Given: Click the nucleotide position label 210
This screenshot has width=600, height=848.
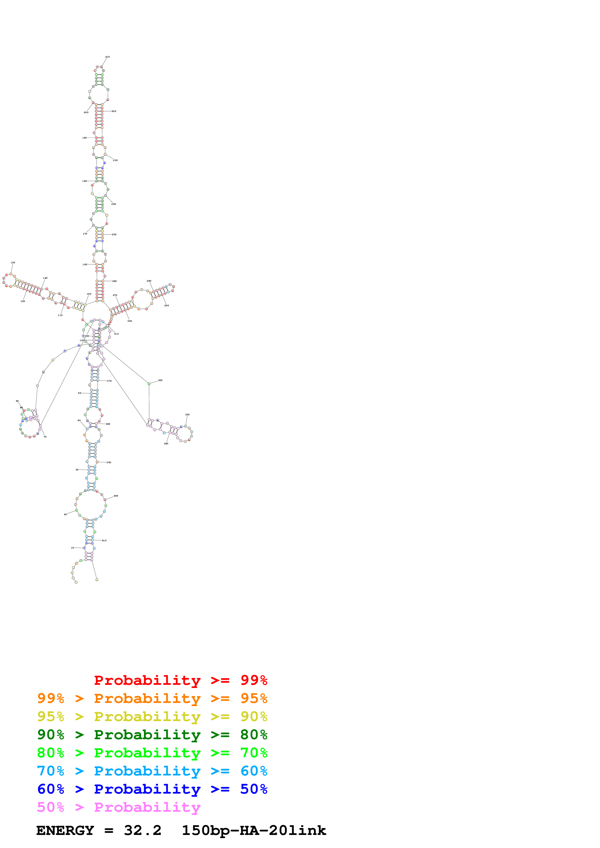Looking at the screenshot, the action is click(x=107, y=57).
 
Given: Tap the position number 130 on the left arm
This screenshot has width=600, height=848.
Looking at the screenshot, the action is click(x=13, y=263).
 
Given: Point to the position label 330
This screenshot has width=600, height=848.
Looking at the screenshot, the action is click(x=187, y=415).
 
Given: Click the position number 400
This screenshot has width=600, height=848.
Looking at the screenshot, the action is click(x=116, y=496).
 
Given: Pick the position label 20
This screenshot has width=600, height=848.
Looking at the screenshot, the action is click(x=65, y=514).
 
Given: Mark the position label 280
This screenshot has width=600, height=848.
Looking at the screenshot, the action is click(x=149, y=281).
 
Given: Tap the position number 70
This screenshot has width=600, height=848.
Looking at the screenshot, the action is click(x=45, y=437).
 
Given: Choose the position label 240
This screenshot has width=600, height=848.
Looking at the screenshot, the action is click(x=114, y=204).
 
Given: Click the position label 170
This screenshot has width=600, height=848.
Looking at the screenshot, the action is click(x=85, y=234).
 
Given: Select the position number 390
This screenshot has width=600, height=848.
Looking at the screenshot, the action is click(x=109, y=462).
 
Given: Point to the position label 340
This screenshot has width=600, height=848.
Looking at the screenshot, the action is click(x=166, y=444).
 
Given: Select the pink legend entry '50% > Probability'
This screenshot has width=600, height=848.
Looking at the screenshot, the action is click(x=119, y=807).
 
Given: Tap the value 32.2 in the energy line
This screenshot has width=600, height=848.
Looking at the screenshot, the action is click(x=143, y=831).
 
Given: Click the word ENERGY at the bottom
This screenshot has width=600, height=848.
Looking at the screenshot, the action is click(x=65, y=831).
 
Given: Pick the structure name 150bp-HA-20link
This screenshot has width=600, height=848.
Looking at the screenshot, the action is click(x=254, y=831).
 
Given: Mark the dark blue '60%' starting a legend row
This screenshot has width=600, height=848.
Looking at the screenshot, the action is click(x=51, y=789).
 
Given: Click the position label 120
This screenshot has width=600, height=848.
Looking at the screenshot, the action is click(x=23, y=301).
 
